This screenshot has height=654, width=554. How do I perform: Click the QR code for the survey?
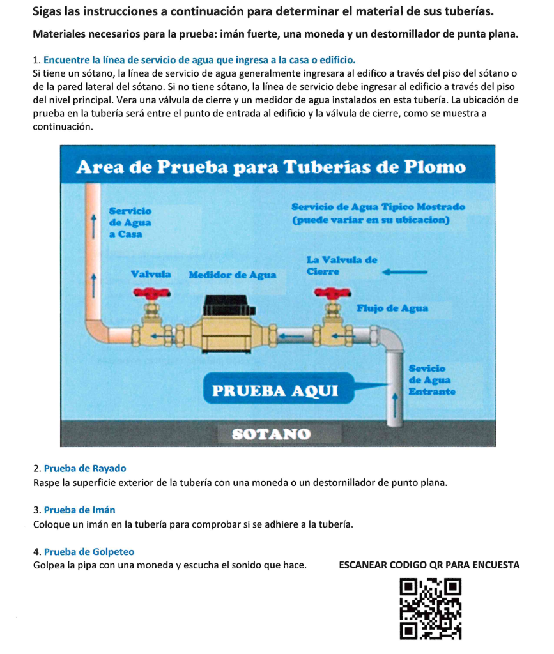pos(430,608)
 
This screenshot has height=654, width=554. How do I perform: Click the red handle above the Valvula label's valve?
pos(151,293)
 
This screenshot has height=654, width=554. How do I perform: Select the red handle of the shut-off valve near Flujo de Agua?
pos(330,293)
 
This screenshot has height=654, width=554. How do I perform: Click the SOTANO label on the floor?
pos(272,434)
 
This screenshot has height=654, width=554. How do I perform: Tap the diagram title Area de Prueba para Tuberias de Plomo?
pos(271,167)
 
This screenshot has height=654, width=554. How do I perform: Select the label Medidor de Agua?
pos(233,275)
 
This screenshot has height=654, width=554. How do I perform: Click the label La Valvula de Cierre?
pos(341,265)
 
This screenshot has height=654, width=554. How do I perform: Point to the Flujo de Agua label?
pos(392,308)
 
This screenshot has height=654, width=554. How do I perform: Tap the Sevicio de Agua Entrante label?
pos(431,379)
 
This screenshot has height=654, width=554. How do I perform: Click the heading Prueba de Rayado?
pos(85,468)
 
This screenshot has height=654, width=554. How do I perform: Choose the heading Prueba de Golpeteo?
pos(89,551)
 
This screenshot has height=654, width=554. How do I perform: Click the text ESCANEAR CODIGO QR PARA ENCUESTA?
pos(429,565)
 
